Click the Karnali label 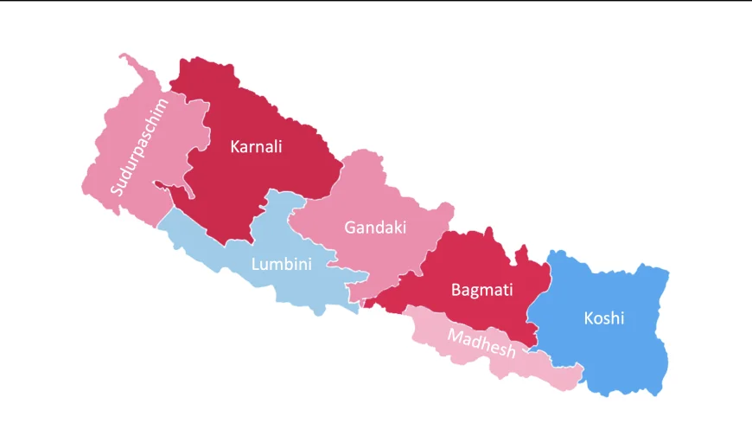(256, 146)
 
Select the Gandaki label (374, 228)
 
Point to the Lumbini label (281, 264)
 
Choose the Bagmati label (481, 290)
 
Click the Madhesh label (481, 342)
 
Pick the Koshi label (603, 318)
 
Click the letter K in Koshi (589, 318)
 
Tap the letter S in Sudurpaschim (116, 187)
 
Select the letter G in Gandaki (350, 228)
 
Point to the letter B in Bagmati (456, 290)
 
